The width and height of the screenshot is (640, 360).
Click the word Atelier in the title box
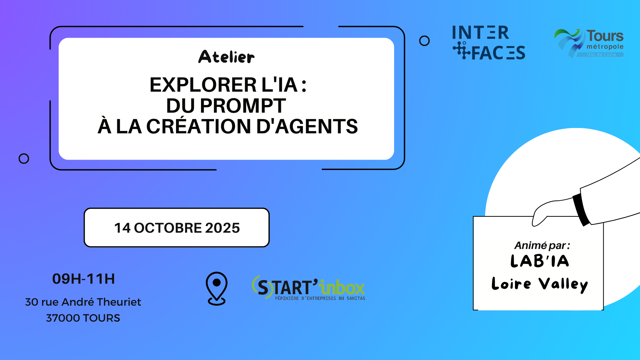(226, 57)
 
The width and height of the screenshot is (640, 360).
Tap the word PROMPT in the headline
(243, 106)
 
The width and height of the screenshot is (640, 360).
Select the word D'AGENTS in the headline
(307, 126)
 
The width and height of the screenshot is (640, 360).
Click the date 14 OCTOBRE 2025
(177, 228)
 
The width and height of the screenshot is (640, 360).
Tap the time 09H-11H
(84, 279)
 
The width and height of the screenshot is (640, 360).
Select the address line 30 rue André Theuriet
(83, 302)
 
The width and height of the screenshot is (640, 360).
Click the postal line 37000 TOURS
(83, 318)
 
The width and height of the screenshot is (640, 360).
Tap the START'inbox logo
(308, 288)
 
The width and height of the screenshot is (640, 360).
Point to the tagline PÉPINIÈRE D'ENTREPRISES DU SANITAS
(320, 298)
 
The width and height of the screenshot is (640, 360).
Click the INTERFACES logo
(488, 43)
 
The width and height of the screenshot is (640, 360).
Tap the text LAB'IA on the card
(540, 261)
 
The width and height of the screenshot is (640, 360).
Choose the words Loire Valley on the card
(540, 284)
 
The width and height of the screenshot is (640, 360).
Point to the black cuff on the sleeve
(581, 209)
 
